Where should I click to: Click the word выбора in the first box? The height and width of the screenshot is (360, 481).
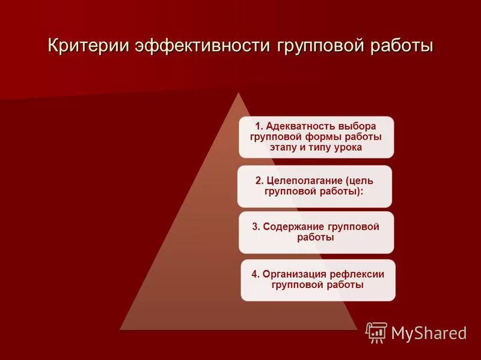pyautogui.click(x=358, y=126)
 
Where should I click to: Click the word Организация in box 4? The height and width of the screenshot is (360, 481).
pyautogui.click(x=293, y=274)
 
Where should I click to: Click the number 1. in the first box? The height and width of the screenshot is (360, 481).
pyautogui.click(x=259, y=126)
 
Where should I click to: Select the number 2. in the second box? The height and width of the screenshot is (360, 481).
pyautogui.click(x=259, y=180)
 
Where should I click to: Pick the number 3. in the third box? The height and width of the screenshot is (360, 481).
pyautogui.click(x=256, y=226)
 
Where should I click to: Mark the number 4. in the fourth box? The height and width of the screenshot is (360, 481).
pyautogui.click(x=255, y=274)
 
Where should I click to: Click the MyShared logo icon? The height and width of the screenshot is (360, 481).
pyautogui.click(x=376, y=332)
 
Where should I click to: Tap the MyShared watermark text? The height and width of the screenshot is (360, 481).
pyautogui.click(x=429, y=333)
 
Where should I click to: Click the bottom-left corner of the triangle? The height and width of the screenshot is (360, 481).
pyautogui.click(x=120, y=329)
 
